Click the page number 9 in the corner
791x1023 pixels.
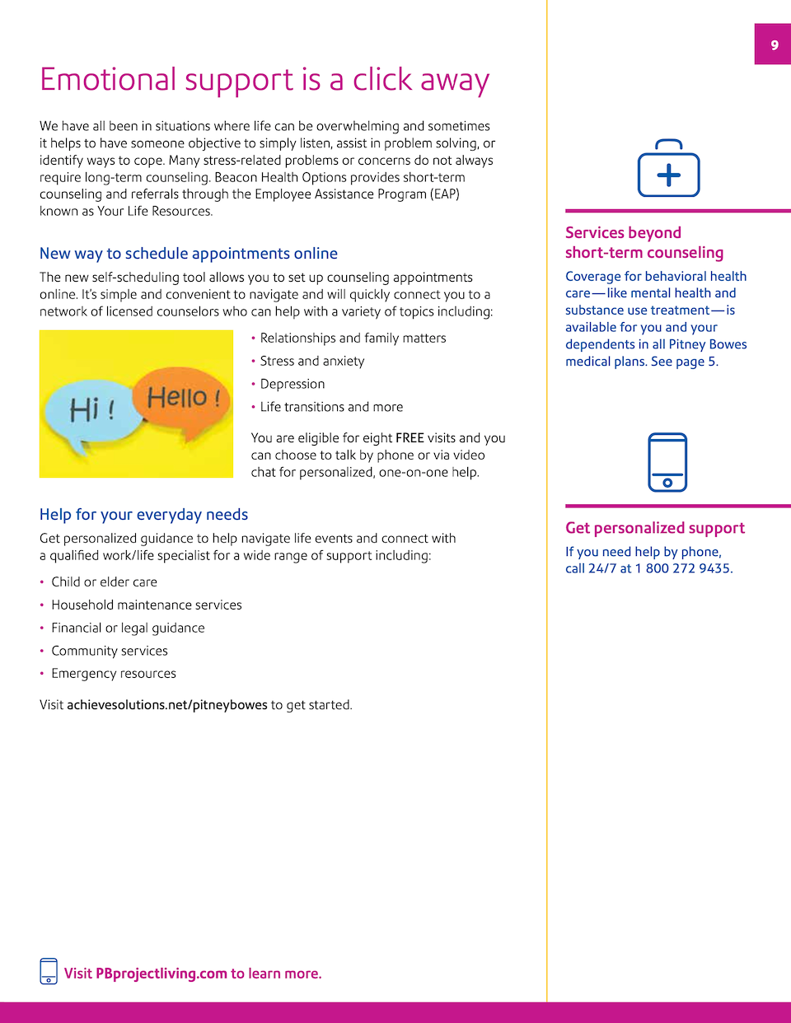pos(774,44)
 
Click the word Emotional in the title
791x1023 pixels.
pos(108,80)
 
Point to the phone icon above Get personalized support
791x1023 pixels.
pos(667,462)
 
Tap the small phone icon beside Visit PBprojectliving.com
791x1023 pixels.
pos(49,971)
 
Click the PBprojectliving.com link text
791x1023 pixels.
pos(161,974)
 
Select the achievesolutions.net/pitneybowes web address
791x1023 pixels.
pos(167,705)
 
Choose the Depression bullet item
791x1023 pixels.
pos(293,384)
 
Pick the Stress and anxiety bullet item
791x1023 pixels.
pos(312,361)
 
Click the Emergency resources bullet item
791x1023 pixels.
pos(114,674)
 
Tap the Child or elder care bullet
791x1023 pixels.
pos(104,582)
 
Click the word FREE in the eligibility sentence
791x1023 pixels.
pos(410,438)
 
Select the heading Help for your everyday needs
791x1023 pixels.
pos(143,515)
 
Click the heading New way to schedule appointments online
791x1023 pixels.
pos(189,254)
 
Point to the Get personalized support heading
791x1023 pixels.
pos(655,528)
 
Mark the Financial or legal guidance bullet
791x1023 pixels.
pos(128,628)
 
